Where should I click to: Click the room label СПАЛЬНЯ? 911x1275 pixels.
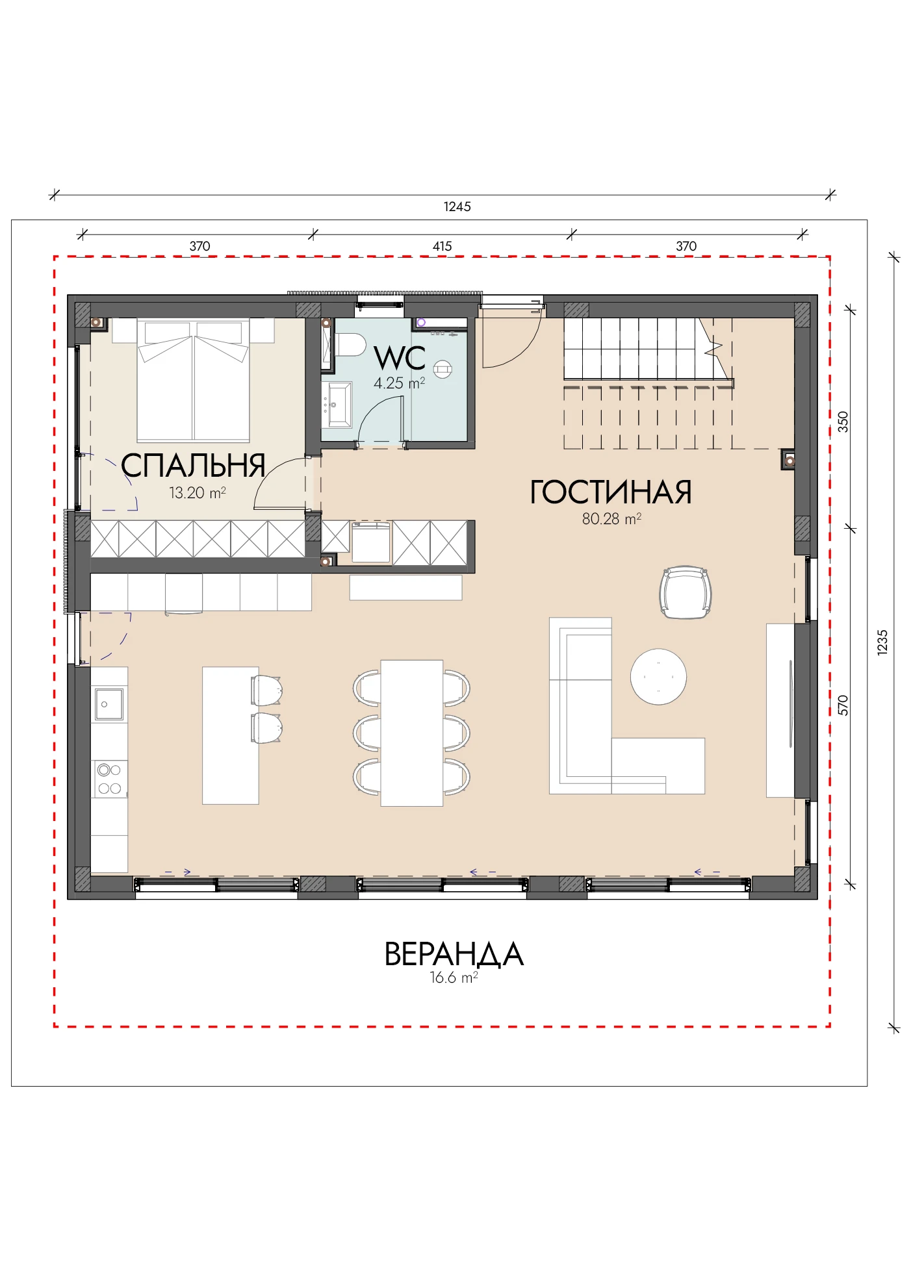[193, 466]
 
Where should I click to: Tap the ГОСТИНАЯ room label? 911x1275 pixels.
[611, 492]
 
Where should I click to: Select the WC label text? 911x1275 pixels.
[400, 358]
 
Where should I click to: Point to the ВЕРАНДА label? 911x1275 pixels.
[454, 954]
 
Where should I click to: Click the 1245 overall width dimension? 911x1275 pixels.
[457, 207]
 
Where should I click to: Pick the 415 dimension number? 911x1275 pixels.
[443, 246]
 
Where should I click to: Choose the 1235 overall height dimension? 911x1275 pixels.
[882, 642]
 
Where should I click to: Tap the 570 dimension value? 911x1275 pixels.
[843, 705]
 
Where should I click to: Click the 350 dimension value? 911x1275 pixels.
[843, 422]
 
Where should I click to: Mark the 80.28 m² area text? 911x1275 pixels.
[611, 519]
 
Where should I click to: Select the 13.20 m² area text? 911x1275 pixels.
[198, 493]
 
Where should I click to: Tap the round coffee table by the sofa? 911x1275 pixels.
[658, 677]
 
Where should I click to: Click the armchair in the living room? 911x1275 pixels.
[686, 592]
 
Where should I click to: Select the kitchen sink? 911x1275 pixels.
[109, 704]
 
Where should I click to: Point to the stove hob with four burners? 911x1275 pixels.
[109, 779]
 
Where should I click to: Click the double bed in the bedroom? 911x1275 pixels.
[193, 381]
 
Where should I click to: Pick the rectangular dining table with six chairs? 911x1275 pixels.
[412, 733]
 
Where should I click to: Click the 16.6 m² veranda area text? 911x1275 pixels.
[454, 978]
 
